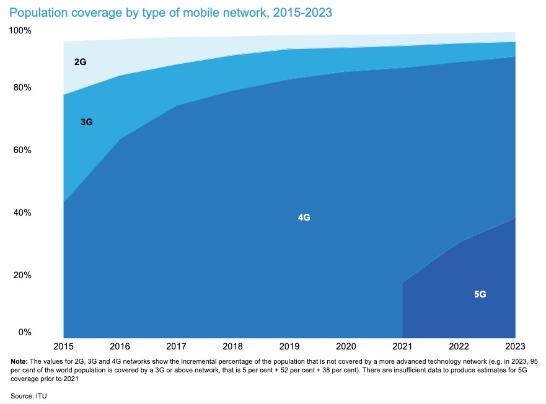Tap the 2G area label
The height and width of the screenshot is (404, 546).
(x=79, y=63)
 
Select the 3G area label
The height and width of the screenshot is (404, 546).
(x=86, y=122)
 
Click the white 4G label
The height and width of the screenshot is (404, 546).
(x=304, y=217)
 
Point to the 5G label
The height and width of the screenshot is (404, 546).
(x=480, y=294)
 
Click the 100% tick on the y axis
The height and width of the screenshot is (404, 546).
(x=23, y=30)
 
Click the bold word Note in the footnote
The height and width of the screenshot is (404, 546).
(x=19, y=361)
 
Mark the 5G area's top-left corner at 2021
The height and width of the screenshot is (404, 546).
(x=403, y=283)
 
